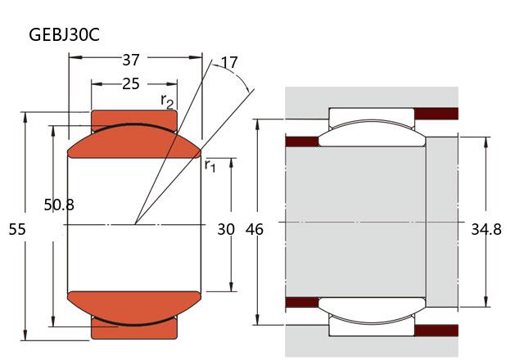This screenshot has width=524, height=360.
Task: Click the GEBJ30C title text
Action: pos(65,35)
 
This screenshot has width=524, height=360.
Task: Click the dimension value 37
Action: pos(130,59)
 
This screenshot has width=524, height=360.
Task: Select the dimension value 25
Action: pos(130,83)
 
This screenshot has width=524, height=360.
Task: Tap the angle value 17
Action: pos(229,62)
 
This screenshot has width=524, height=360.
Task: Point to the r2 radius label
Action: pos(167,101)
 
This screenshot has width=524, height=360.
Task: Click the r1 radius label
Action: pos(210,166)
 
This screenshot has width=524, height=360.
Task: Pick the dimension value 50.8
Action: pos(59,205)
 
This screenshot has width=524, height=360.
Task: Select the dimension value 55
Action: pos(17,231)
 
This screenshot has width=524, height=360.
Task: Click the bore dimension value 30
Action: pos(226,231)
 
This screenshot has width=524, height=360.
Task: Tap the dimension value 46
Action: pos(255,231)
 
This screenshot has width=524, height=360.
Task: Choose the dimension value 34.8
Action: pos(486,231)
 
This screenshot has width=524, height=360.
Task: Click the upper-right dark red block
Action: pos(439,113)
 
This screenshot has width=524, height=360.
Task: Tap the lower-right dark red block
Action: pos(439,331)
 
